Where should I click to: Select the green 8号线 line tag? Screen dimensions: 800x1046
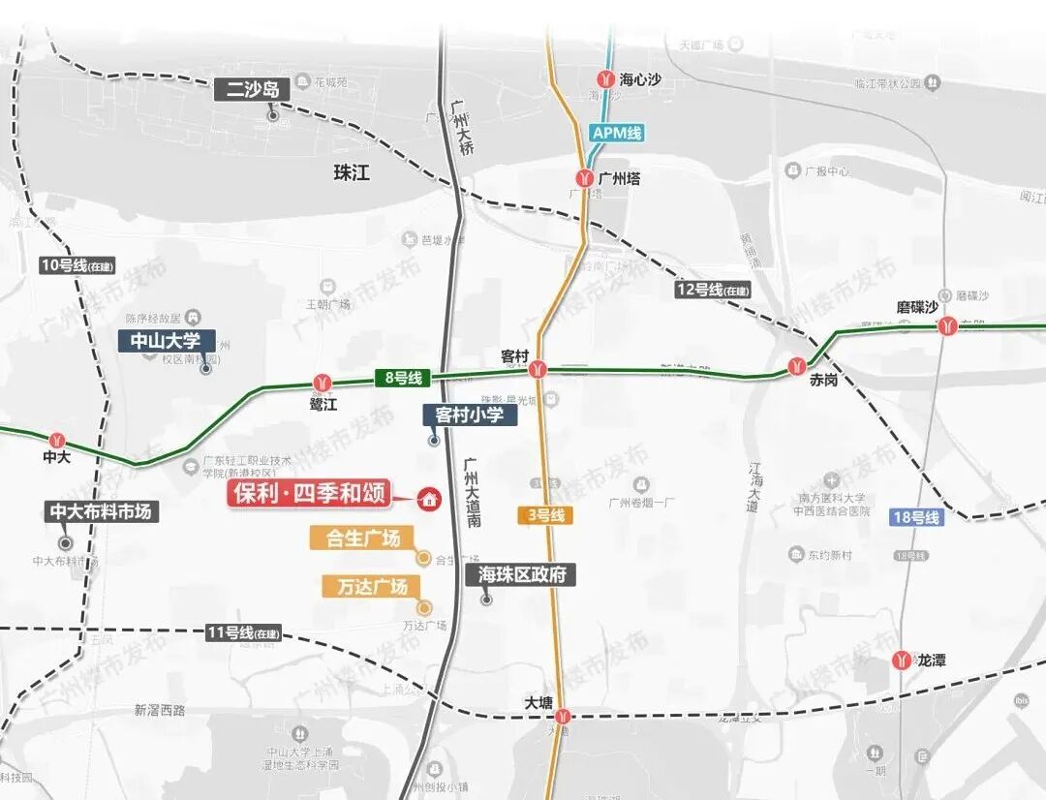pyautogui.click(x=402, y=379)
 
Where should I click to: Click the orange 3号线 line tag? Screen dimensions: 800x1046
pyautogui.click(x=545, y=515)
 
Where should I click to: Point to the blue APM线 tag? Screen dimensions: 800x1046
pyautogui.click(x=617, y=134)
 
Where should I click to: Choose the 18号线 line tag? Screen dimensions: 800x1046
pyautogui.click(x=916, y=517)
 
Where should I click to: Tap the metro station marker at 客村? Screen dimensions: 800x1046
pyautogui.click(x=538, y=369)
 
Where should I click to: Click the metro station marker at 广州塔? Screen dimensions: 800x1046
pyautogui.click(x=584, y=178)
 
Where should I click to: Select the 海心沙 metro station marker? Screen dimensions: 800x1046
pyautogui.click(x=605, y=79)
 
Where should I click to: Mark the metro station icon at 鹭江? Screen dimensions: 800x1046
pyautogui.click(x=323, y=383)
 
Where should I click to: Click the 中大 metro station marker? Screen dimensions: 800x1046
pyautogui.click(x=57, y=441)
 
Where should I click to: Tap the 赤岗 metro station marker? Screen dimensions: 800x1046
pyautogui.click(x=797, y=365)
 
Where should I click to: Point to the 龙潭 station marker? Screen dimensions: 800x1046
pyautogui.click(x=902, y=660)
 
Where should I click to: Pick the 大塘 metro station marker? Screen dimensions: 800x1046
pyautogui.click(x=563, y=717)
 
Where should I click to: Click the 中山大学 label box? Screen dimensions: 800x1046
pyautogui.click(x=166, y=341)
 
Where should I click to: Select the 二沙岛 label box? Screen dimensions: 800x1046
pyautogui.click(x=253, y=90)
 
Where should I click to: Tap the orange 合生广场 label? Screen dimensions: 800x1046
pyautogui.click(x=361, y=538)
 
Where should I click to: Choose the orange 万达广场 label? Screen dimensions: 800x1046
pyautogui.click(x=365, y=586)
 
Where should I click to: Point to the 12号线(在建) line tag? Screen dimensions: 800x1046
pyautogui.click(x=714, y=289)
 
